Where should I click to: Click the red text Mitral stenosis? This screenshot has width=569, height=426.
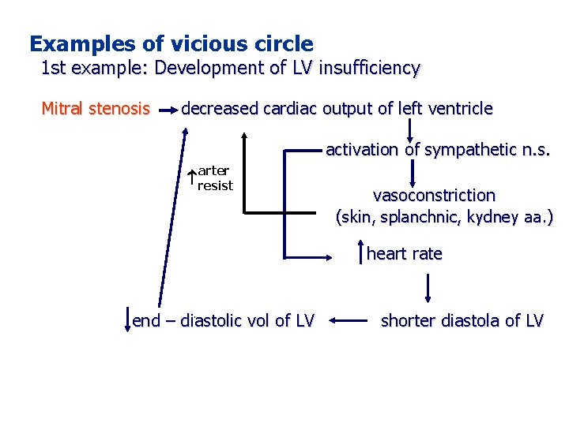click(95, 108)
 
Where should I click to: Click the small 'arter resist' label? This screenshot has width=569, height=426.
click(215, 177)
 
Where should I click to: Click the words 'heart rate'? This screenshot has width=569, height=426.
click(404, 253)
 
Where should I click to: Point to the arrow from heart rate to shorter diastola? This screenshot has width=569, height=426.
click(428, 288)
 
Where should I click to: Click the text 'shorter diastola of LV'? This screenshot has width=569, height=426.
click(462, 320)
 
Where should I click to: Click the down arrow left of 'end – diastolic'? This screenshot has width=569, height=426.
click(126, 321)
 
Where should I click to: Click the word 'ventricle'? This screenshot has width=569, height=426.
click(459, 108)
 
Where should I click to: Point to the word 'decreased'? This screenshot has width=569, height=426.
click(219, 108)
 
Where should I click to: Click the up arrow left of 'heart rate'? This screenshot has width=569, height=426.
click(360, 253)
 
